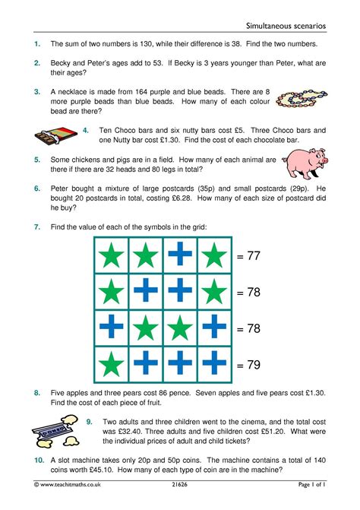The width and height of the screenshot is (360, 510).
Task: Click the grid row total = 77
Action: pyautogui.click(x=248, y=257)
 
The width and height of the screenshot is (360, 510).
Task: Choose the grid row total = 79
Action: pyautogui.click(x=248, y=365)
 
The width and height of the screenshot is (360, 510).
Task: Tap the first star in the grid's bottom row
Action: pyautogui.click(x=112, y=365)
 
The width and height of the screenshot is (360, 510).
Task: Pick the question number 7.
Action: pyautogui.click(x=37, y=227)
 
